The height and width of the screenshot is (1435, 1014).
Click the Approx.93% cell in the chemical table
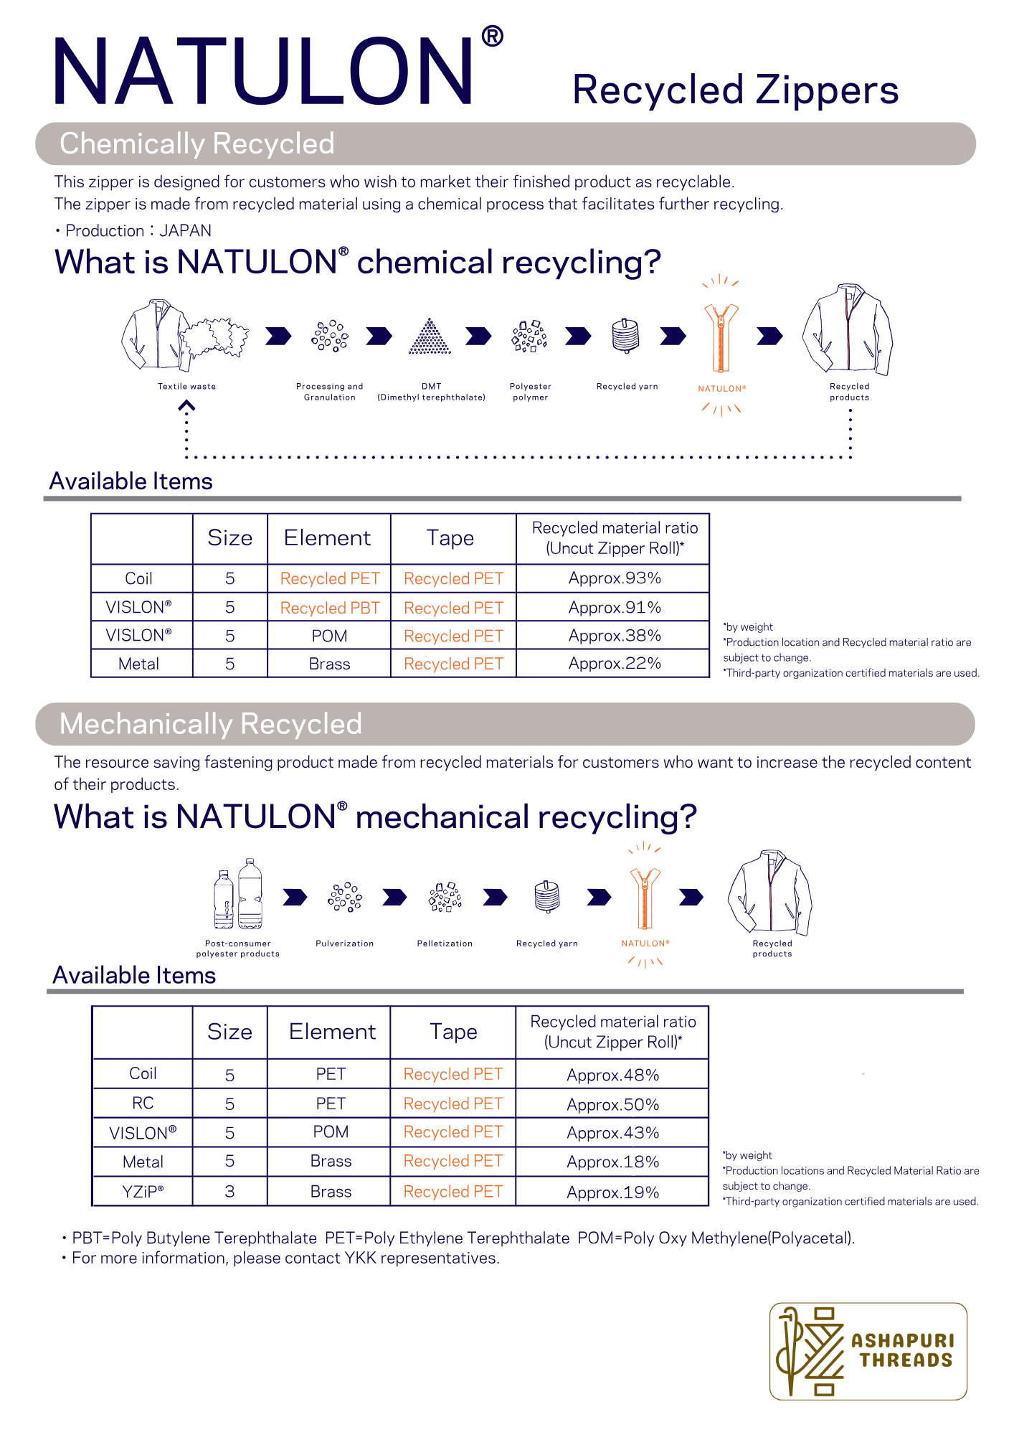pos(614,578)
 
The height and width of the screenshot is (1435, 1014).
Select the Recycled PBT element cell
pos(330,608)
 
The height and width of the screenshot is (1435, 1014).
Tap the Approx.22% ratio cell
pos(614,664)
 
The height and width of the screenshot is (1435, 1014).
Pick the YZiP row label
pos(143,1192)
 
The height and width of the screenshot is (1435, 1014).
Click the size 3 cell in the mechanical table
pos(229,1192)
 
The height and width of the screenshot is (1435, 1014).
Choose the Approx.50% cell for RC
pos(612,1104)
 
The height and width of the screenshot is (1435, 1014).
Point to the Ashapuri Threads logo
pos(868,1350)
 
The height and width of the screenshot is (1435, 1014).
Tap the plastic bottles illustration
pos(238,895)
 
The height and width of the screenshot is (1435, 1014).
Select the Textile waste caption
pos(186,387)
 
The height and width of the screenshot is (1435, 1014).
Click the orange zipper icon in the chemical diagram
pos(721,337)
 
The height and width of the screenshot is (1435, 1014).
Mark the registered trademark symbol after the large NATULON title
pos(492,37)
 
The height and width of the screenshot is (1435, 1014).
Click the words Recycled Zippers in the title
pos(735,90)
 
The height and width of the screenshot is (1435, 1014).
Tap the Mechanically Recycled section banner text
pos(211,724)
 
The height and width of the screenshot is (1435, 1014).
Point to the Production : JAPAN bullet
pos(133,231)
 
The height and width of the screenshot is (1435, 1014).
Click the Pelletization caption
pos(445,944)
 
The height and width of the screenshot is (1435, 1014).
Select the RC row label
pos(143,1103)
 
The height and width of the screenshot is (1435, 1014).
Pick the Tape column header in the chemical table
pos(450,538)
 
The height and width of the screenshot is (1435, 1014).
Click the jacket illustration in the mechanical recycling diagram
pos(770,892)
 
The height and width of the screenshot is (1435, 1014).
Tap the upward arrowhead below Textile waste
pos(186,407)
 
